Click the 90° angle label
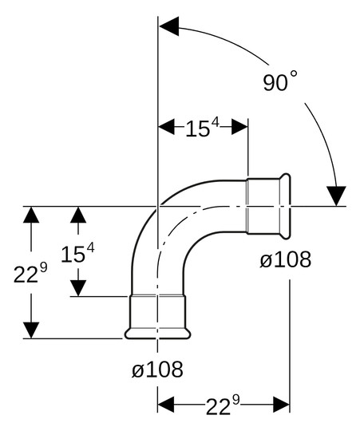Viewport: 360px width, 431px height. (280, 82)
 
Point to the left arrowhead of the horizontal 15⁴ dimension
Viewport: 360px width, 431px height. (167, 127)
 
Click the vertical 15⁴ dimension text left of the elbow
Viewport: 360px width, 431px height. (77, 254)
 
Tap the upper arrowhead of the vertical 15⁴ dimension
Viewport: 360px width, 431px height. (78, 214)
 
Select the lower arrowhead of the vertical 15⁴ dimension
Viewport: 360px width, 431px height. (78, 288)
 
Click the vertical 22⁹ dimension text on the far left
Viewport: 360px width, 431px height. (30, 274)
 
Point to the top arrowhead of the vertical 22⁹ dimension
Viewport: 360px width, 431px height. (30, 214)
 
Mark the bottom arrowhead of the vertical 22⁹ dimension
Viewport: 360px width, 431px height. (30, 330)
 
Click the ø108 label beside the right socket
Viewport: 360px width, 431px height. (285, 259)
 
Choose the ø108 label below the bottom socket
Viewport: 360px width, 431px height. (157, 370)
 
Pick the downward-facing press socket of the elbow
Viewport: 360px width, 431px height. (158, 316)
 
